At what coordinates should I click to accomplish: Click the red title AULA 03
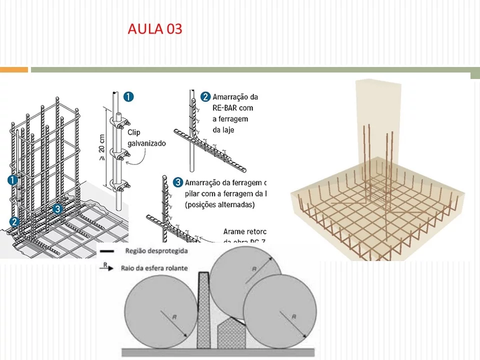point(155,28)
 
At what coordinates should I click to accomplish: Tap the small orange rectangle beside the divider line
point(14,69)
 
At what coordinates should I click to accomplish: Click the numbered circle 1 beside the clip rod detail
point(129,97)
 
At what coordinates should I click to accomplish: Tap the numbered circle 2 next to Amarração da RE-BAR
point(205,96)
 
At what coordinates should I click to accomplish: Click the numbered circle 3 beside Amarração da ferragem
point(177,182)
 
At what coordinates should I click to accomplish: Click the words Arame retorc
point(243,231)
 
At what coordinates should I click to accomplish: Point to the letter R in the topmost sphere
point(254,269)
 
